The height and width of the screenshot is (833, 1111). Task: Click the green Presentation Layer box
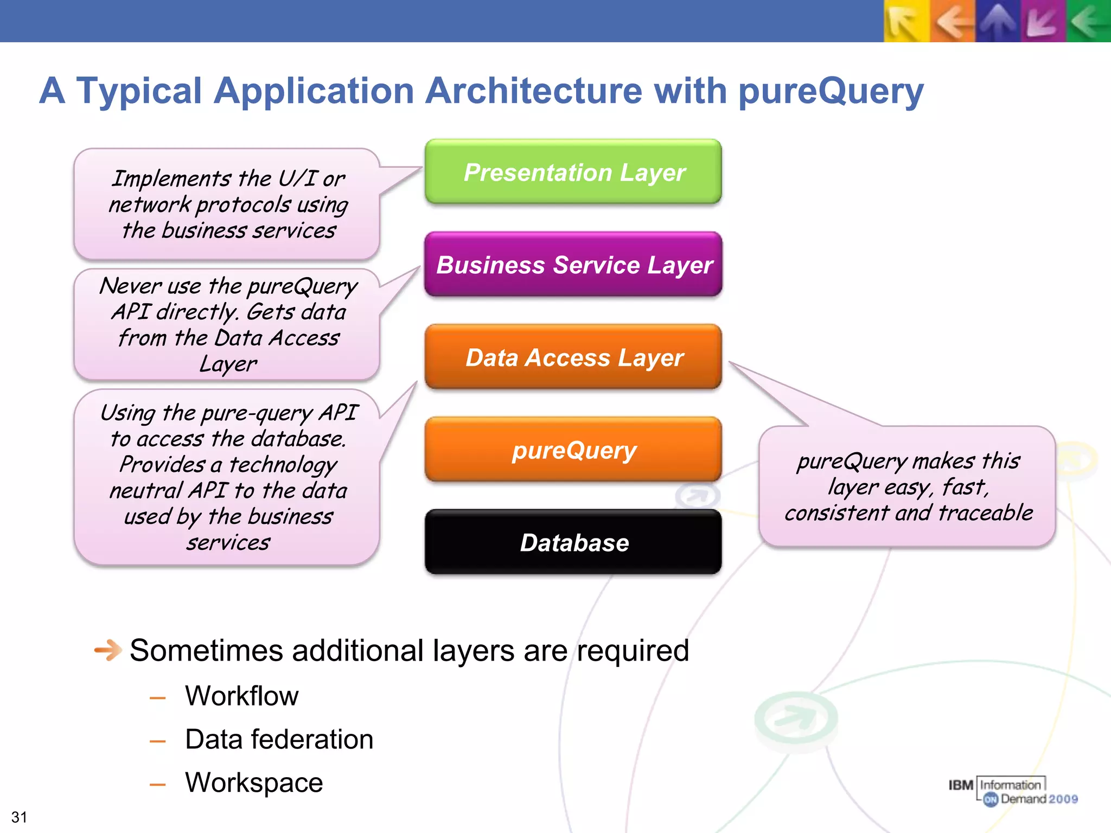click(573, 172)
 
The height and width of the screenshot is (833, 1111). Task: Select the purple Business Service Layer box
click(573, 265)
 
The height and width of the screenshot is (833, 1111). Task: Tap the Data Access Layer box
click(573, 357)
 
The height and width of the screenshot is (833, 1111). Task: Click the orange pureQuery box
click(573, 450)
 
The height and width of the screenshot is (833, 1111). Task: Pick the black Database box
click(573, 542)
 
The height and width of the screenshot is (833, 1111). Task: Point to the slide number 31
click(19, 817)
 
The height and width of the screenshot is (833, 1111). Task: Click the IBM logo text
click(960, 785)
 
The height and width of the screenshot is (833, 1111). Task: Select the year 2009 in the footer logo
click(1063, 799)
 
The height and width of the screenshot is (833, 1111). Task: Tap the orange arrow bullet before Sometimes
click(107, 650)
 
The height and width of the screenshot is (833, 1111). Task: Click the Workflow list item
click(241, 696)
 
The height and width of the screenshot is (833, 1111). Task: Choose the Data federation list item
click(279, 739)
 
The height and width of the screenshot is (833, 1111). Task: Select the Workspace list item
click(254, 783)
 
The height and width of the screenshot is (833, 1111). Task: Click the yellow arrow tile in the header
click(906, 21)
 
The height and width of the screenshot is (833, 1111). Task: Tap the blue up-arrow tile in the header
click(997, 21)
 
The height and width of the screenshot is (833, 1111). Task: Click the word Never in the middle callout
click(131, 286)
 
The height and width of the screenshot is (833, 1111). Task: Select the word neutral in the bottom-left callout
click(146, 491)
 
